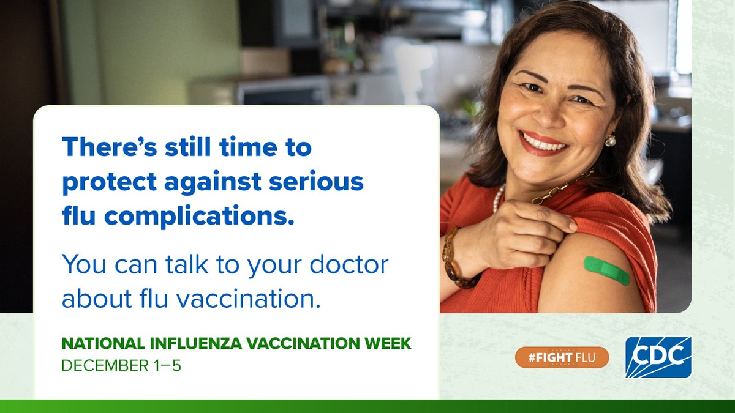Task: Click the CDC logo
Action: [x=658, y=357]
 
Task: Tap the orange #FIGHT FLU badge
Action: [x=562, y=357]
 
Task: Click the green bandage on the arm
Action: [x=606, y=270]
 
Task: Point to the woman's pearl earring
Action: [x=610, y=141]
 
